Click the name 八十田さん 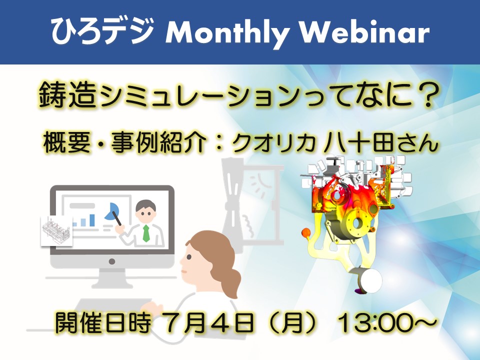pyautogui.click(x=381, y=142)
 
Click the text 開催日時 pyautogui.click(x=102, y=322)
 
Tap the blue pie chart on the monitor pyautogui.click(x=111, y=211)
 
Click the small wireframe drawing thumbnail pyautogui.click(x=56, y=230)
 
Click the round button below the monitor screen pyautogui.click(x=112, y=261)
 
